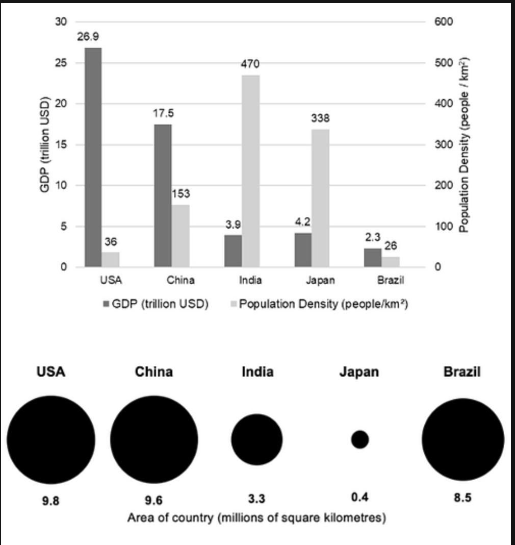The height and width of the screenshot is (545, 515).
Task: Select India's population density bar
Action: (250, 171)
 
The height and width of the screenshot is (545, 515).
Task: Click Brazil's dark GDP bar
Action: (373, 257)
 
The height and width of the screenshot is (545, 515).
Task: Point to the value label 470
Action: (250, 64)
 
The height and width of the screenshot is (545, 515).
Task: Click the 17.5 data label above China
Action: (163, 113)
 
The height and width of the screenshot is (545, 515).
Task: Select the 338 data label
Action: (320, 118)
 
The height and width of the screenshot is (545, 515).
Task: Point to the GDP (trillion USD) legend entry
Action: (156, 305)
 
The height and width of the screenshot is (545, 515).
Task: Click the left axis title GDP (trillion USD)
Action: (45, 144)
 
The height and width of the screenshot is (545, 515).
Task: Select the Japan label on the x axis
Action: (320, 280)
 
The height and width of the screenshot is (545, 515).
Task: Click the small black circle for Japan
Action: (360, 439)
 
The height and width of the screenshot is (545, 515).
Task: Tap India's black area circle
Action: (257, 439)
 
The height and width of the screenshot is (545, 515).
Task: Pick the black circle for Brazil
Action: (462, 439)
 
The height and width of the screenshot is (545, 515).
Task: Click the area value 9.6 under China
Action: (153, 500)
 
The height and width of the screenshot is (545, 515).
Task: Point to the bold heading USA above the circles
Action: (51, 372)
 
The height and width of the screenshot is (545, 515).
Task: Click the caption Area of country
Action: (256, 518)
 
